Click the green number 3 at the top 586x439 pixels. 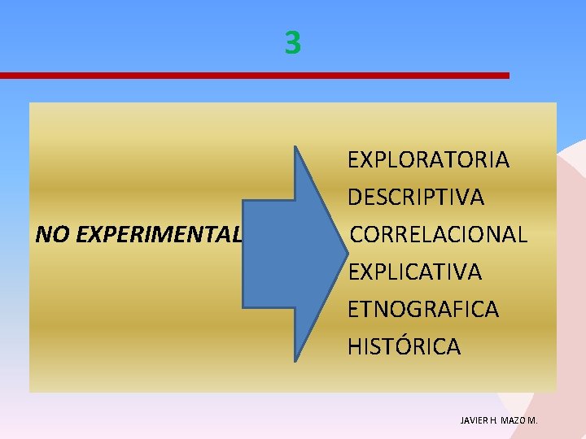pos(293,42)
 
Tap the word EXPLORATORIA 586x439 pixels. pos(428,159)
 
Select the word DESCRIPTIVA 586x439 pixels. pos(416,197)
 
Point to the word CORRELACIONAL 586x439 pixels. pos(439,234)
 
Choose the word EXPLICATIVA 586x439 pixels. pos(414,272)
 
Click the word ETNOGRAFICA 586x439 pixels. pos(423,309)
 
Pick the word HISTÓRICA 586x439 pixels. pos(404,346)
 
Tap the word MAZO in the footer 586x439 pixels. pos(515,420)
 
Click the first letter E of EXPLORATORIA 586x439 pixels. pos(353,159)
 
